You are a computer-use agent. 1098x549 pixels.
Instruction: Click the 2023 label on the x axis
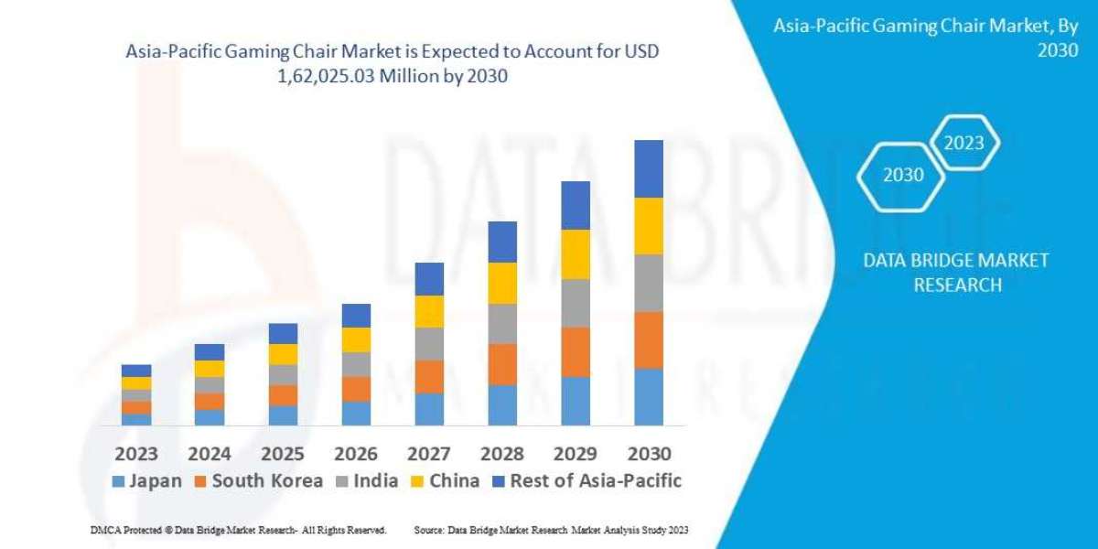[x=135, y=453]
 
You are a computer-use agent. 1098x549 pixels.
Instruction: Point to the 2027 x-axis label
[x=429, y=453]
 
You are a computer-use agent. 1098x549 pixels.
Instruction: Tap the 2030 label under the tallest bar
[x=649, y=453]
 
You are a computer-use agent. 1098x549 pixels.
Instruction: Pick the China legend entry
[x=446, y=480]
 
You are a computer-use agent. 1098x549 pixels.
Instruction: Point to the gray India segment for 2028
[x=502, y=323]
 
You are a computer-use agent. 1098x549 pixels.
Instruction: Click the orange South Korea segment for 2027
[x=429, y=376]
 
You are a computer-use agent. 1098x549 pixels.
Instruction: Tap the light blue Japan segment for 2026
[x=356, y=413]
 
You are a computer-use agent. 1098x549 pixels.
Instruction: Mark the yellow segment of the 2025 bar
[x=283, y=354]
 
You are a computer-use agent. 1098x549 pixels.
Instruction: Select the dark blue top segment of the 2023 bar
[x=136, y=371]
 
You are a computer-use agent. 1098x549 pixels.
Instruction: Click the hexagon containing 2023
[x=963, y=143]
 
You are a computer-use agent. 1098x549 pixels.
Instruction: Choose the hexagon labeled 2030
[x=902, y=175]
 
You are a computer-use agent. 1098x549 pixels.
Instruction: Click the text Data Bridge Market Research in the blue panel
[x=956, y=273]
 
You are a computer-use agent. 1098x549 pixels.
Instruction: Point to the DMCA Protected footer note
[x=238, y=530]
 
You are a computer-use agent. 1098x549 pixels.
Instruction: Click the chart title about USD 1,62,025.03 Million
[x=392, y=65]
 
